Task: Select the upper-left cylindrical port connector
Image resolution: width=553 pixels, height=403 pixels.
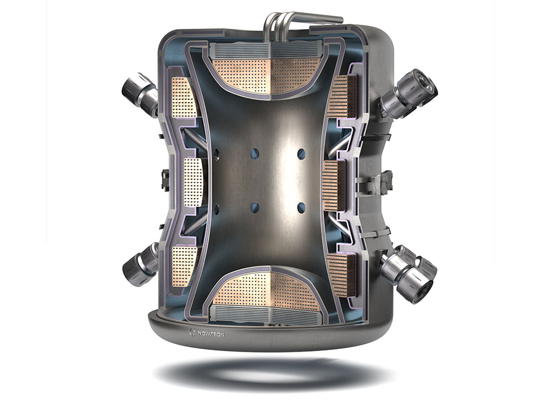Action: [x=138, y=92]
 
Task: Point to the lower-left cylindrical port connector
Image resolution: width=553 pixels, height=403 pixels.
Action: [x=139, y=265]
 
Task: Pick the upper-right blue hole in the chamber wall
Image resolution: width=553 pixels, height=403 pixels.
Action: [x=301, y=154]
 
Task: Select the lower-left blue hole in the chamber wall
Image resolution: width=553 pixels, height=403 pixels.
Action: [x=254, y=207]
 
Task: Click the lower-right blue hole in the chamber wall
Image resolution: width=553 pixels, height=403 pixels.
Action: [x=301, y=207]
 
